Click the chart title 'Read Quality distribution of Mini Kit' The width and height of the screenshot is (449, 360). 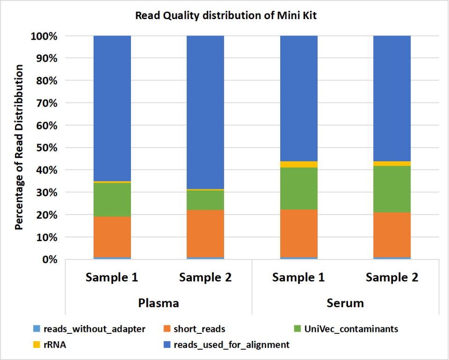coord(226,15)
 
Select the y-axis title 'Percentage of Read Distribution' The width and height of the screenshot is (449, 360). coord(19,147)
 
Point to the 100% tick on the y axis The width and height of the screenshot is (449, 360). coord(44,36)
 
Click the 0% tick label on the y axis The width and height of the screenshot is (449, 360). coord(49,259)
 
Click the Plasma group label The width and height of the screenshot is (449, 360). coord(159,302)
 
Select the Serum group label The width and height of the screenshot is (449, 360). coord(345,302)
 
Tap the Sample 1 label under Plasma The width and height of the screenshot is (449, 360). coord(112,277)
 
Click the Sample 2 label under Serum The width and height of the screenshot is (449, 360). coord(392,277)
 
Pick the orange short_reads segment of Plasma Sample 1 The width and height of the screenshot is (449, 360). coord(112,237)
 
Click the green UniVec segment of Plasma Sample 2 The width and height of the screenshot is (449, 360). coord(205,200)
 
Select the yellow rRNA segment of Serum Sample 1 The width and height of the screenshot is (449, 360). coord(299,164)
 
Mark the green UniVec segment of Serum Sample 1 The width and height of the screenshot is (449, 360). coord(299,188)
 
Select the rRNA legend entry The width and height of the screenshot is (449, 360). coord(52,345)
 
